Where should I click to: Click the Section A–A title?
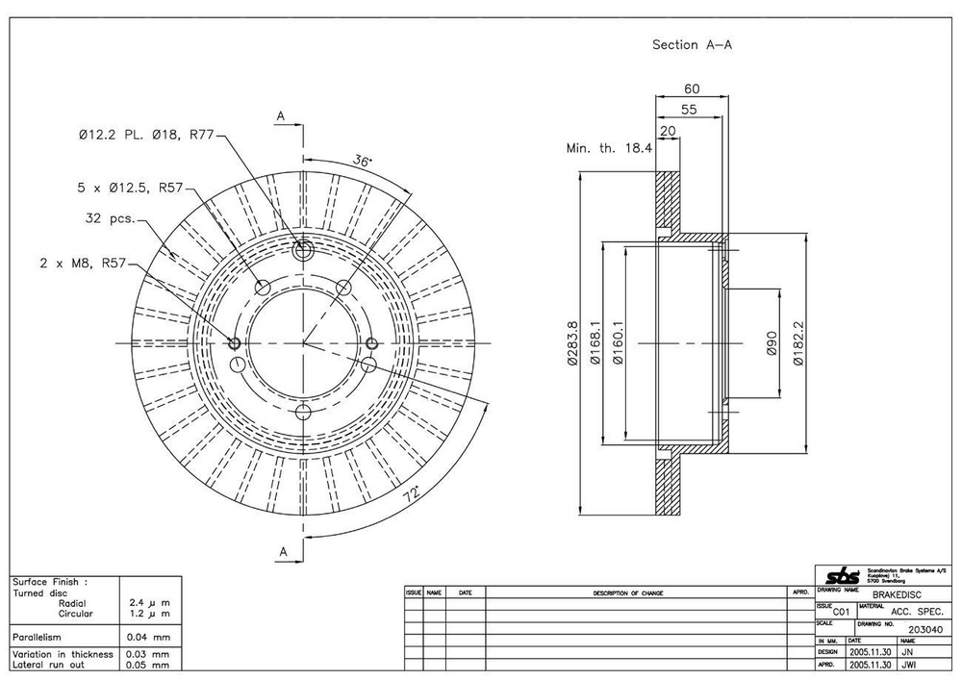click(x=693, y=45)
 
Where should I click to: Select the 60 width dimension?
click(x=692, y=88)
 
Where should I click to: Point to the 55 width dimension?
click(x=689, y=110)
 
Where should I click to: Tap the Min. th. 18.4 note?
click(x=609, y=148)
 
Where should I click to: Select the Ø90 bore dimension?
click(x=772, y=344)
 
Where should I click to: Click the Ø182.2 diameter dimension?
click(x=797, y=343)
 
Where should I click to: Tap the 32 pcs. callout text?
click(x=108, y=218)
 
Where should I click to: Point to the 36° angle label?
click(x=363, y=162)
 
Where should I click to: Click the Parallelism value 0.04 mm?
click(x=148, y=637)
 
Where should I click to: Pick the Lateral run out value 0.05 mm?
click(x=148, y=664)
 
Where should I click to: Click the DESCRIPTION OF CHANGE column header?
click(x=628, y=593)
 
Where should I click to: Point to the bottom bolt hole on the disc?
click(x=303, y=413)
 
